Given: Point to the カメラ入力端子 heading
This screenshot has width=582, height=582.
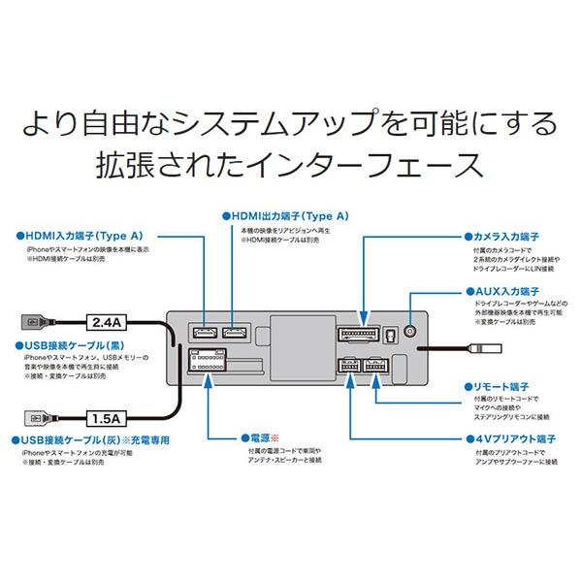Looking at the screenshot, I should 506,235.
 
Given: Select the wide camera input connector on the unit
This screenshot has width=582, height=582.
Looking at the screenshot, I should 363,335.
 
